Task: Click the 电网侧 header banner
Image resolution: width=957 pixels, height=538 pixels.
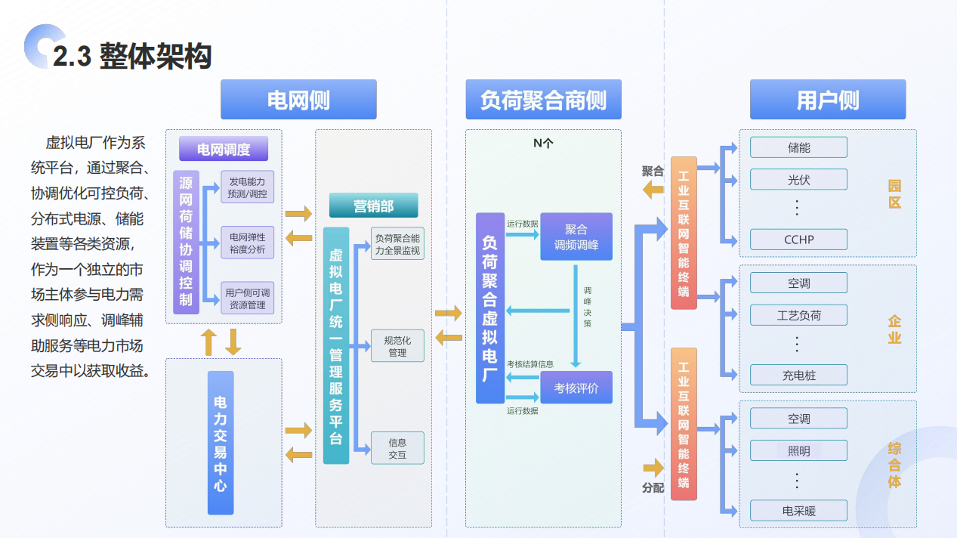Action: [298, 100]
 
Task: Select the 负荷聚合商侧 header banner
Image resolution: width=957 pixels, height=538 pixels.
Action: [543, 100]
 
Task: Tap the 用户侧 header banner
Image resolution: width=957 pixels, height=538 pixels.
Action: [827, 100]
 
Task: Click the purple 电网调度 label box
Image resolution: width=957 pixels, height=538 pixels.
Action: [224, 149]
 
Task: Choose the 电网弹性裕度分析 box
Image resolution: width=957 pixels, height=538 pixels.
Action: [248, 243]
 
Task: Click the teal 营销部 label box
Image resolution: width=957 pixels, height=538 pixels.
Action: [373, 206]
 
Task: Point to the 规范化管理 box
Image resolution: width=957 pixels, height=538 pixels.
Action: [397, 346]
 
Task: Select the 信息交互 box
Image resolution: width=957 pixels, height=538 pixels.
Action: [397, 448]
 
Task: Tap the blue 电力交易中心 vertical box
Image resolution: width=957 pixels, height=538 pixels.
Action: [221, 443]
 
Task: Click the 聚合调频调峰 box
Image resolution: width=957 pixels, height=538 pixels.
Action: [576, 237]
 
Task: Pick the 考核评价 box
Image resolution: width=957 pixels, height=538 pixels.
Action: [576, 388]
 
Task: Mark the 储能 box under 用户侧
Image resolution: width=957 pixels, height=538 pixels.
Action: [798, 147]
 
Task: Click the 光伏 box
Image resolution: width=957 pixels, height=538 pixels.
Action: [798, 180]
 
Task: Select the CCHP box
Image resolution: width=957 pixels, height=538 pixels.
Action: [798, 240]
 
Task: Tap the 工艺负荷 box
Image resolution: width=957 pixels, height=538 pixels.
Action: [798, 315]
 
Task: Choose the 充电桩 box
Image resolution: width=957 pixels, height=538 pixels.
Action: [798, 375]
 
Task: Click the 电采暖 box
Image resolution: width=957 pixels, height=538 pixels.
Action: [798, 511]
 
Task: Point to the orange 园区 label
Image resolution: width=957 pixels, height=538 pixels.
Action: [894, 194]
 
